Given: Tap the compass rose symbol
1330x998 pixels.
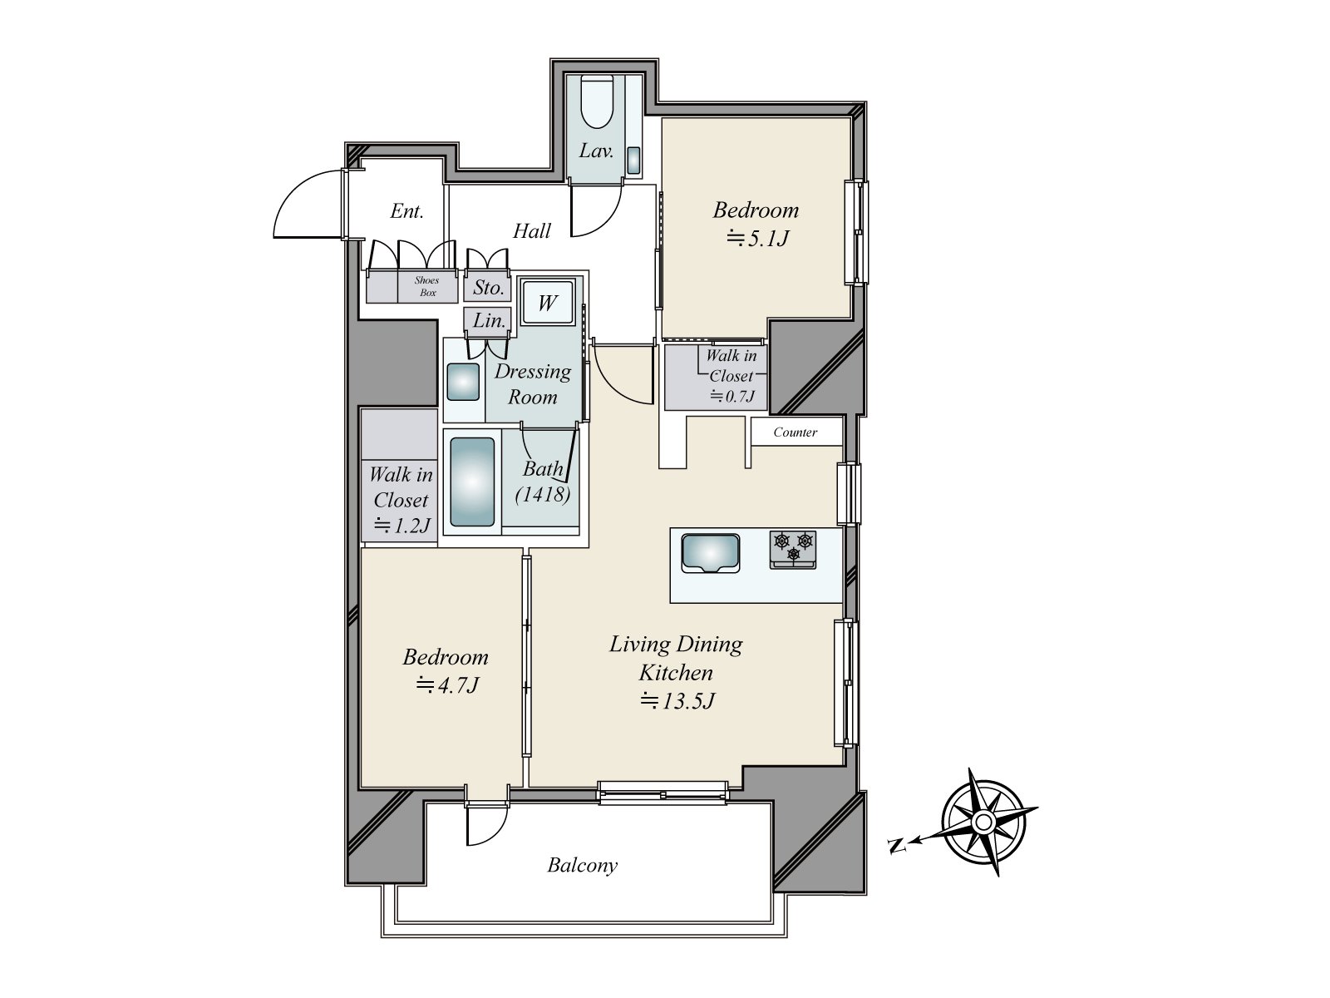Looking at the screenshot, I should coord(983,823).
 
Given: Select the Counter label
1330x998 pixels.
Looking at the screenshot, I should coord(795,432).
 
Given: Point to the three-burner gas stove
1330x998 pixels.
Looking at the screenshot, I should coord(793,551).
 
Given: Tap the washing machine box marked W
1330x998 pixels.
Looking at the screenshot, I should coord(546,303).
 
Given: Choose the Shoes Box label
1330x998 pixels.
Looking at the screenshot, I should coord(426,286).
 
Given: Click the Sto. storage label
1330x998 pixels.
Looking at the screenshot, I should coord(489,288).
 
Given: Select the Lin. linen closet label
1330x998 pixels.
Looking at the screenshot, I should coord(490,320).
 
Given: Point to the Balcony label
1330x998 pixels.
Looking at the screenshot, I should coord(582,866).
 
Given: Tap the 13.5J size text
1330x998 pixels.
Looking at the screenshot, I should coord(677,701).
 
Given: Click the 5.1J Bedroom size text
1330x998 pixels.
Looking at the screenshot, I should coord(756,239).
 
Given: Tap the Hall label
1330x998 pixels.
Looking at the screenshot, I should coord(532,231).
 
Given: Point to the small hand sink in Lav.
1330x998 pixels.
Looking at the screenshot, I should coord(633,161).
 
